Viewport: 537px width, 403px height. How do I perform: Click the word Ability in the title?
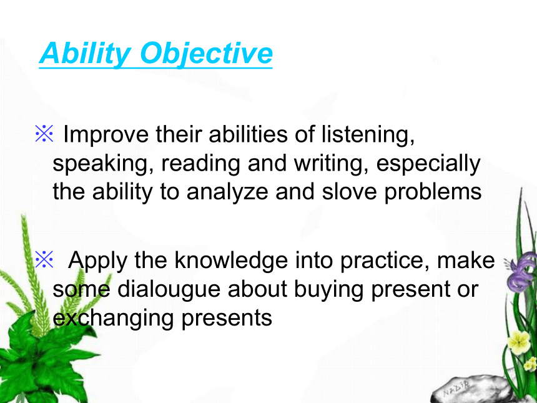click(x=85, y=53)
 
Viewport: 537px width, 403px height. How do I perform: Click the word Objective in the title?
click(x=207, y=53)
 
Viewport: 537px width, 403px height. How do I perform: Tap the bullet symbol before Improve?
click(x=44, y=133)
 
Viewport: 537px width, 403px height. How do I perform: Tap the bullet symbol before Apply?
click(x=44, y=259)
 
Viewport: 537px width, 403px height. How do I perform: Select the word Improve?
click(x=106, y=134)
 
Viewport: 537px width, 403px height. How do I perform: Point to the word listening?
click(x=368, y=134)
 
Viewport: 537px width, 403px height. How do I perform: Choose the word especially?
click(x=428, y=164)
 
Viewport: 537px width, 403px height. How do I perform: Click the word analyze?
click(x=227, y=192)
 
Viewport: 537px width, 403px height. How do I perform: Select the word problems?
click(x=433, y=192)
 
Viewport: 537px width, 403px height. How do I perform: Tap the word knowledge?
click(x=231, y=261)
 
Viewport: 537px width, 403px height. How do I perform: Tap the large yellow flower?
click(x=518, y=342)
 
